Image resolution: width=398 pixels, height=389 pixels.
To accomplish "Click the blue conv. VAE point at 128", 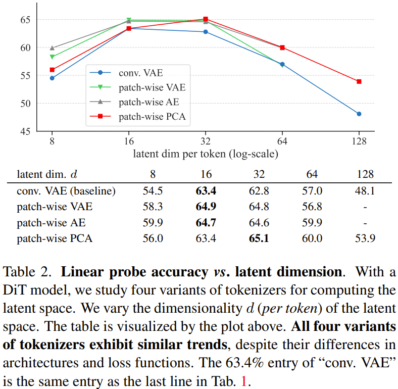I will pos(359,114).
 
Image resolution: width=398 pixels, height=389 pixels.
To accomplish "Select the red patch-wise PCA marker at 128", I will pos(359,81).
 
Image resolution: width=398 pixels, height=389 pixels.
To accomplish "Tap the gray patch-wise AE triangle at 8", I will pos(52,48).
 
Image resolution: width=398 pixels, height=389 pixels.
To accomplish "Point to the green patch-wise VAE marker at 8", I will pos(52,57).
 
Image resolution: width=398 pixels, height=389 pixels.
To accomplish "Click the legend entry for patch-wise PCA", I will pos(152,117).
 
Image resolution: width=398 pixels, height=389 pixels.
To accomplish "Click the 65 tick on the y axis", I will pos(26,20).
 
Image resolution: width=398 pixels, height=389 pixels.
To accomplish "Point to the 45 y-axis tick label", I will pos(26,131).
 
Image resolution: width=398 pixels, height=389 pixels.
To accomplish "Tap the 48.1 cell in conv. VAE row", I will pos(365,191).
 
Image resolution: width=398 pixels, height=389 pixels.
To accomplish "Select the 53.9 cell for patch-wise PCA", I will pos(365,238).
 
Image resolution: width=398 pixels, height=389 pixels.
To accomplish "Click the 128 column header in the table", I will pos(365,174).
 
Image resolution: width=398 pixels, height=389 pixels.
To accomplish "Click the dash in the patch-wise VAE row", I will pos(365,207).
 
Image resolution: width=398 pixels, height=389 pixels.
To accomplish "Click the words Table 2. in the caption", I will pos(27,271).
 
